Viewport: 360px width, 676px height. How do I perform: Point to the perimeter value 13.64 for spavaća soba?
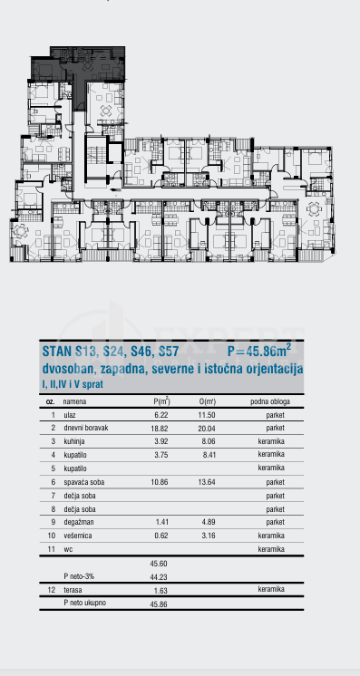point(208,481)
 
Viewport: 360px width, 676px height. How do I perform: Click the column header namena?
point(76,400)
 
